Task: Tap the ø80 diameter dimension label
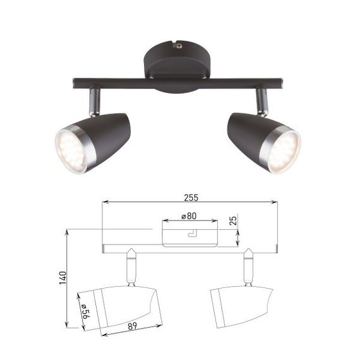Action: pyautogui.click(x=188, y=216)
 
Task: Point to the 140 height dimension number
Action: pyautogui.click(x=61, y=277)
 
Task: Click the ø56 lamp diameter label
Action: pyautogui.click(x=83, y=312)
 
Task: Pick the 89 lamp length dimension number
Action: pyautogui.click(x=133, y=327)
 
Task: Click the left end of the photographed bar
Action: pyautogui.click(x=76, y=83)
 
